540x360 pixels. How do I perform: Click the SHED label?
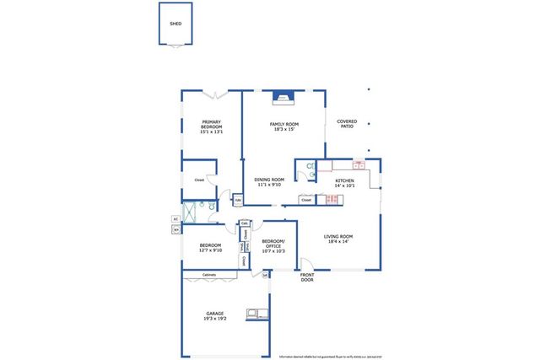(x=175, y=24)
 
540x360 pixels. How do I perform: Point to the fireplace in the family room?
(x=283, y=99)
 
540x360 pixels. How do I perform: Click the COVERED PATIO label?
(x=347, y=124)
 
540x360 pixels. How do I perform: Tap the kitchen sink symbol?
(x=359, y=165)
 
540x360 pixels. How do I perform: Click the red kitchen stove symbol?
(x=332, y=199)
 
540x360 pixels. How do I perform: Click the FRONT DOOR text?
(x=307, y=277)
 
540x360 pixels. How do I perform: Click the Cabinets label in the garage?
(x=208, y=276)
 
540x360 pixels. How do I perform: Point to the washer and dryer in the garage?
(x=253, y=314)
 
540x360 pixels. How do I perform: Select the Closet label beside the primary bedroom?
(x=199, y=180)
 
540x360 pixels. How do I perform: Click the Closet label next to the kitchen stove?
(x=306, y=200)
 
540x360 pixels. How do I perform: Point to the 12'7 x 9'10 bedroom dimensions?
(x=211, y=250)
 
